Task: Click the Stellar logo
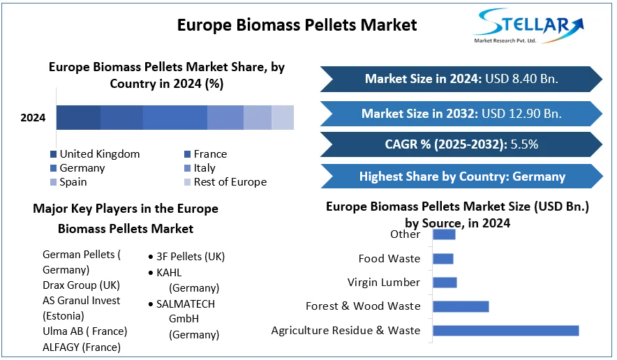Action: (x=528, y=26)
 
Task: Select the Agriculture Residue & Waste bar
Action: (x=505, y=331)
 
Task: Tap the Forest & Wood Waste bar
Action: (x=461, y=306)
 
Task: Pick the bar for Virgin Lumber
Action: (x=445, y=283)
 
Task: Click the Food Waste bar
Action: (x=443, y=259)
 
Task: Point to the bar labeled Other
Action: (x=444, y=234)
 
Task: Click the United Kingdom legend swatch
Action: (x=54, y=153)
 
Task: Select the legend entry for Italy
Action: (x=200, y=168)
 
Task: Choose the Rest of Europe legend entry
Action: (x=225, y=182)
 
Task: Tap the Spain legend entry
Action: (x=68, y=182)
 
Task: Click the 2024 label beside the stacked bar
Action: (x=33, y=118)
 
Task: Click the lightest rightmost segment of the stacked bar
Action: (x=283, y=117)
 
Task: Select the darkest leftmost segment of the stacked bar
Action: (x=78, y=117)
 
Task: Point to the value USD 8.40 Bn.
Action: (x=522, y=79)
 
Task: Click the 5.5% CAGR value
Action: (x=524, y=144)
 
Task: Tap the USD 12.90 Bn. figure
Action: (x=522, y=114)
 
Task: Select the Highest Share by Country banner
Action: (x=462, y=177)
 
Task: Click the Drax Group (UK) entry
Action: (x=81, y=285)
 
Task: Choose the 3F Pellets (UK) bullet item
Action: (x=186, y=257)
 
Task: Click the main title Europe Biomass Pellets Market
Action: (x=297, y=25)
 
